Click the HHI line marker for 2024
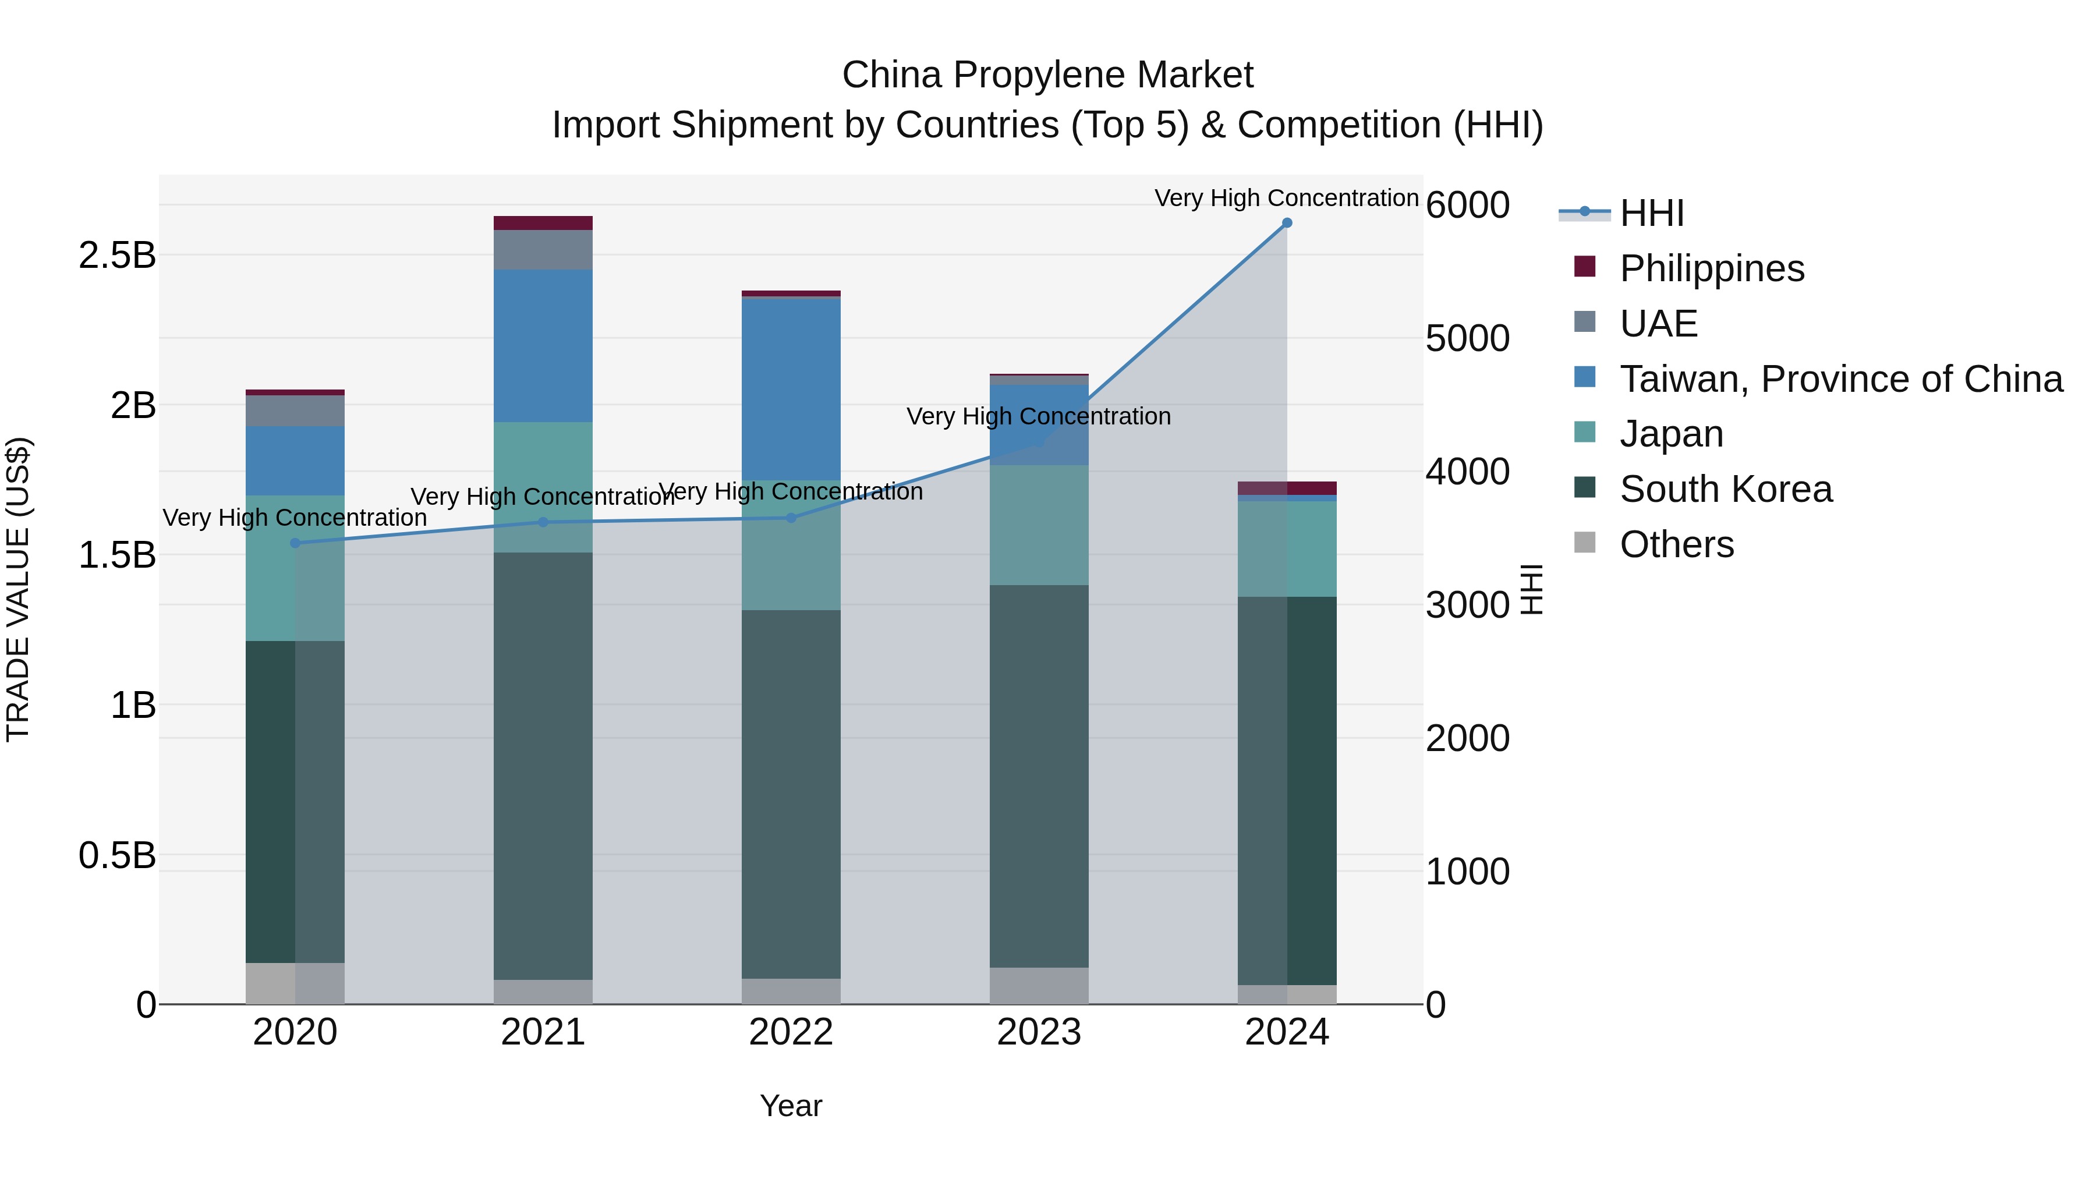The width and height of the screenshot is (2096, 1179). (x=1286, y=223)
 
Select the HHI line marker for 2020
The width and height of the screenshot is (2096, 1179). (x=295, y=543)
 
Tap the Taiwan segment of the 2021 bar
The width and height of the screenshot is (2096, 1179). (x=543, y=346)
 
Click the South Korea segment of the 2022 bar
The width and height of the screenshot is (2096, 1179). (x=791, y=794)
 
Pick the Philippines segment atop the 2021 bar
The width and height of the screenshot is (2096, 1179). (x=543, y=223)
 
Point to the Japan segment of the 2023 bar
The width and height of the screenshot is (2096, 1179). (x=1039, y=525)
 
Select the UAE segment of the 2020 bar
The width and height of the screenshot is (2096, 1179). (x=295, y=411)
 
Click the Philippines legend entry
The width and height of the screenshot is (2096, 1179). (x=1711, y=268)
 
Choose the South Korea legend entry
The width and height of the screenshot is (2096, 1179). (x=1725, y=489)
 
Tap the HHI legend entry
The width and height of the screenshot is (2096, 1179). (x=1651, y=213)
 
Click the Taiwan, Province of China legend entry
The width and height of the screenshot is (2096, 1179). (x=1840, y=379)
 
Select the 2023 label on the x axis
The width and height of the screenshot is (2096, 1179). (x=1039, y=1032)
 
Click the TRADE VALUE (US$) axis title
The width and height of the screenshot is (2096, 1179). (x=18, y=589)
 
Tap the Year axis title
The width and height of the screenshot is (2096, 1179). (x=791, y=1106)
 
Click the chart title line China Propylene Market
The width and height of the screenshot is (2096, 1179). (x=1047, y=75)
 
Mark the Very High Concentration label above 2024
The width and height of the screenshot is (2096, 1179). (x=1286, y=198)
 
